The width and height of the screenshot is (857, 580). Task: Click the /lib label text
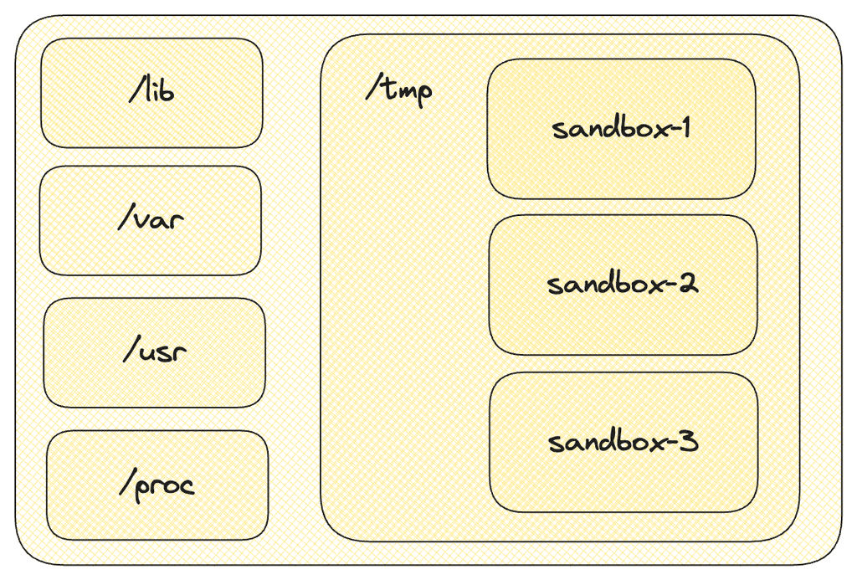click(152, 90)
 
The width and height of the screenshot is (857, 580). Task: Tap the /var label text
click(151, 220)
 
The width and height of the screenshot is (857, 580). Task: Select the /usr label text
click(154, 351)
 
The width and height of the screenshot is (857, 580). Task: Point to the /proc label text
click(157, 485)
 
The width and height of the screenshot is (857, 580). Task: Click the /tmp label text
click(399, 88)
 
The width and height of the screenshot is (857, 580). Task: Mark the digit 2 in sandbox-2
click(688, 284)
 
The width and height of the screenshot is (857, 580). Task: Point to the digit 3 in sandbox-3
click(688, 440)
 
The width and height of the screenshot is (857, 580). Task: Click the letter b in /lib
click(167, 90)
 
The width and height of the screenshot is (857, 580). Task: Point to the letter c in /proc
click(187, 485)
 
